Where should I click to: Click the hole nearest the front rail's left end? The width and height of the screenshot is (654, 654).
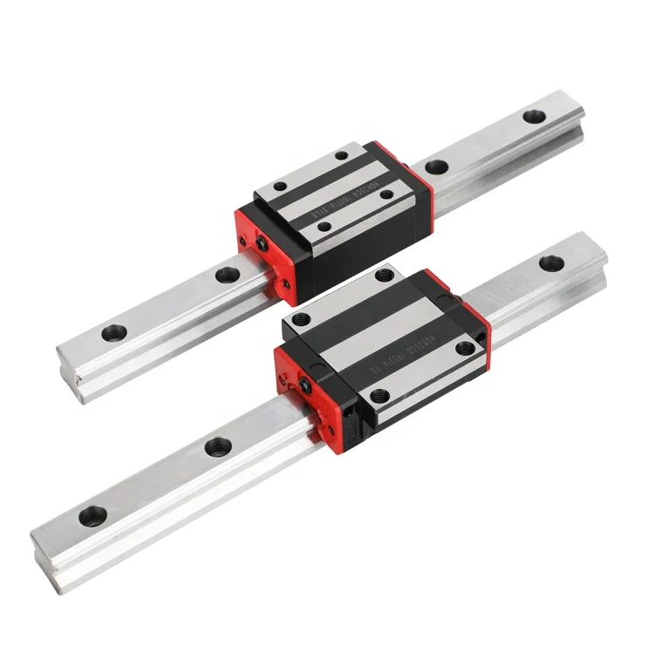tap(92, 514)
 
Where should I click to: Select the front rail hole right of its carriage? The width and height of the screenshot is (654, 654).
tap(549, 261)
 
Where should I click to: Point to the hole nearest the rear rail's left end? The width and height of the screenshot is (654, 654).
tap(112, 332)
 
